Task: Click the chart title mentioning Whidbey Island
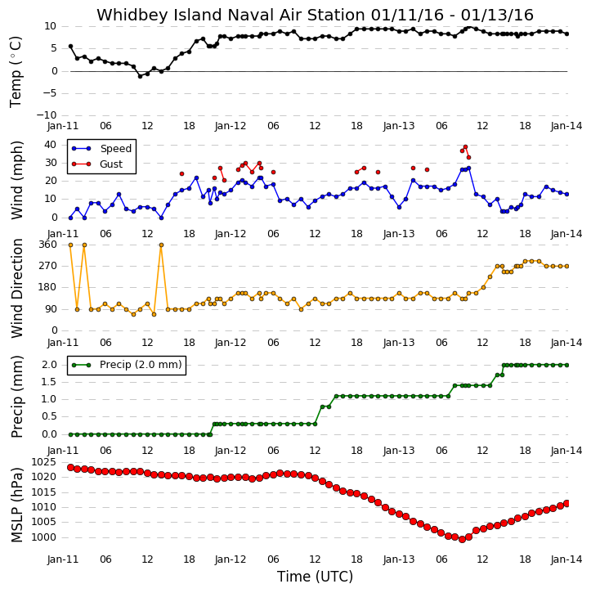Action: point(315,15)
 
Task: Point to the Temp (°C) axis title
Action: point(16,72)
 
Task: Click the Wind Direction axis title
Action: point(17,288)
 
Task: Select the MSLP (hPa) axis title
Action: point(17,505)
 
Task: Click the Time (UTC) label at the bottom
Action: point(316,577)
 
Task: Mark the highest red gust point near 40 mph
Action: point(465,146)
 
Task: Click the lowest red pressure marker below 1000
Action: point(462,540)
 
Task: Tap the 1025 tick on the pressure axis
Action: point(43,462)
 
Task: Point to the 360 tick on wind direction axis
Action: point(48,245)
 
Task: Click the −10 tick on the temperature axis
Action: point(47,115)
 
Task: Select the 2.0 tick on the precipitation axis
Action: point(49,365)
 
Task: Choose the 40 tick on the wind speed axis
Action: point(50,145)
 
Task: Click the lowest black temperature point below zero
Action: point(141,76)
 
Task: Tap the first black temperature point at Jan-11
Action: point(70,46)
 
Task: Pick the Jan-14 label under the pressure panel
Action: point(566,559)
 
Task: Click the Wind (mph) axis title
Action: point(17,180)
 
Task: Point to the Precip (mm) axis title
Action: point(17,397)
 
